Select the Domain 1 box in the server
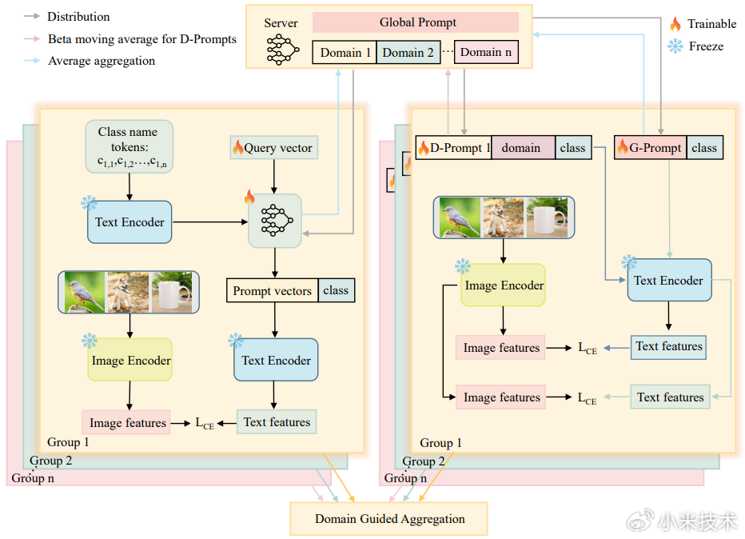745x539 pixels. click(x=345, y=53)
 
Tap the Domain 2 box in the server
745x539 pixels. click(x=407, y=53)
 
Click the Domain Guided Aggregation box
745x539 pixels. click(x=389, y=519)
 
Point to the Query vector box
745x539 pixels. click(x=273, y=147)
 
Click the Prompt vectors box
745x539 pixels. click(x=272, y=291)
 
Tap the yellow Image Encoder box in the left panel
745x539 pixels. click(x=129, y=360)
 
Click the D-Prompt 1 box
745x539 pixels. click(x=453, y=147)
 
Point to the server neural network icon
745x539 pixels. click(x=281, y=49)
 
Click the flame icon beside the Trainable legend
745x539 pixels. click(x=675, y=24)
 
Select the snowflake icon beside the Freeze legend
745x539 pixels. click(x=675, y=46)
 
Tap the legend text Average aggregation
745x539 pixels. click(x=102, y=61)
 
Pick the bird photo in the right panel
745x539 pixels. click(x=457, y=218)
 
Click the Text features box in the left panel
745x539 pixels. click(x=277, y=422)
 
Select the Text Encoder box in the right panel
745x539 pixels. click(x=668, y=281)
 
